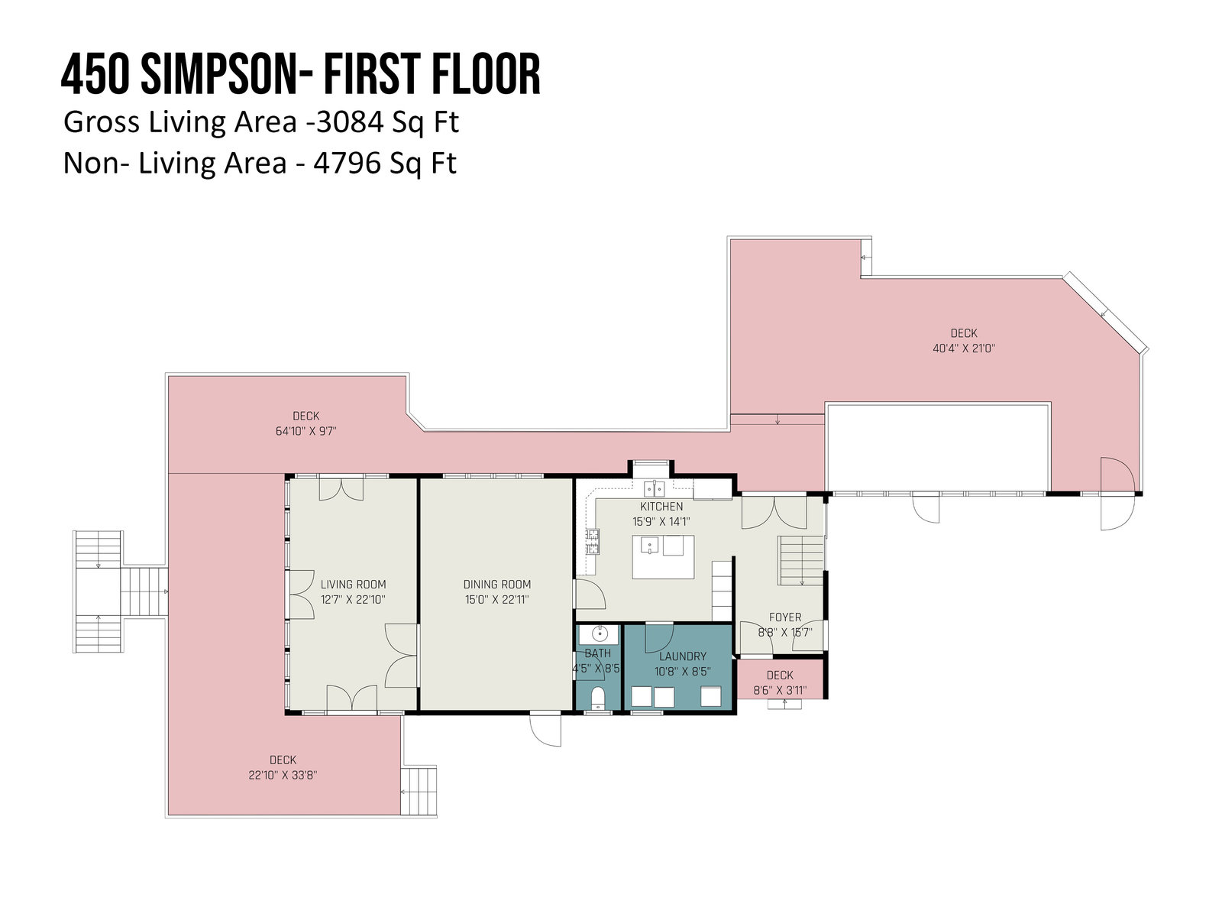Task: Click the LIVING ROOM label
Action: (x=353, y=584)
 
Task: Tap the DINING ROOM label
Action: (x=496, y=584)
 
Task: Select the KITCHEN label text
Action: (x=661, y=506)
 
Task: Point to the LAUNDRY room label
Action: (x=682, y=656)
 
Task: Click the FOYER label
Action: (x=784, y=617)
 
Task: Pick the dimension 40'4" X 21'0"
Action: (x=964, y=348)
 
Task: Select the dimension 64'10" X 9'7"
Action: (x=306, y=431)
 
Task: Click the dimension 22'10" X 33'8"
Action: (x=283, y=775)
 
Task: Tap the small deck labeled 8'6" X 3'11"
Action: (x=780, y=679)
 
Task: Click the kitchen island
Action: (x=663, y=557)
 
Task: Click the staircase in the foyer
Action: (x=800, y=560)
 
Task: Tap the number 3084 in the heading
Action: (x=350, y=122)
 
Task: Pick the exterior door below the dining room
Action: (x=545, y=729)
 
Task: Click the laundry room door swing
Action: (x=658, y=638)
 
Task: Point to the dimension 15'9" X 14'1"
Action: (x=661, y=522)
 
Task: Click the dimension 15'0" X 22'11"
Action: (x=496, y=600)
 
